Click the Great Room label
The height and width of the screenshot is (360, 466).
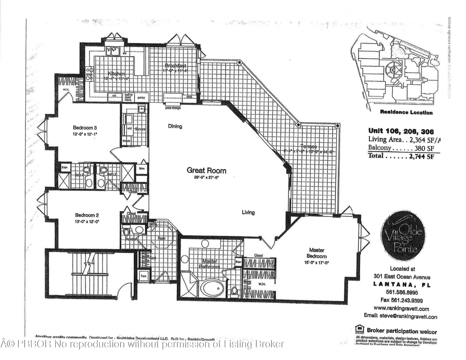206,170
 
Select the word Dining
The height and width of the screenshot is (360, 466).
175,126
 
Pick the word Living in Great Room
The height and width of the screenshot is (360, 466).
248,212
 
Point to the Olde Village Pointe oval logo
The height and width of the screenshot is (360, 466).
403,236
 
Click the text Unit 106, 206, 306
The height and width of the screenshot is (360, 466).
401,131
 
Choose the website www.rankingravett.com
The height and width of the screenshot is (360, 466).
401,309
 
